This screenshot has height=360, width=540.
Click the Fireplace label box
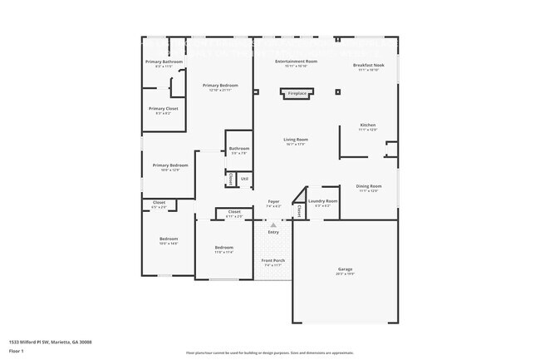297,94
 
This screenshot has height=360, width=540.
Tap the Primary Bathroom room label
164,62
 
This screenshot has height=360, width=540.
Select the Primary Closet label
163,109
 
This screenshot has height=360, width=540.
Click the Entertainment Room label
296,62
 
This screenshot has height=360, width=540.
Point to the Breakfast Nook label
367,66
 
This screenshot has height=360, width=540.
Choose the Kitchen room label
367,126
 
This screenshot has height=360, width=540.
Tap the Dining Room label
368,186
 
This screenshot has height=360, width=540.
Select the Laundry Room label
322,201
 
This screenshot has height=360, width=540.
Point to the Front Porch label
273,261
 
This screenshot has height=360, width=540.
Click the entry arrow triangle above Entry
273,224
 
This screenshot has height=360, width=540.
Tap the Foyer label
273,202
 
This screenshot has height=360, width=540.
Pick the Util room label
244,178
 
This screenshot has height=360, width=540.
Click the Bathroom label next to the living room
239,150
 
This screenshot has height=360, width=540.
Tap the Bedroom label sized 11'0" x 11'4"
224,248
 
